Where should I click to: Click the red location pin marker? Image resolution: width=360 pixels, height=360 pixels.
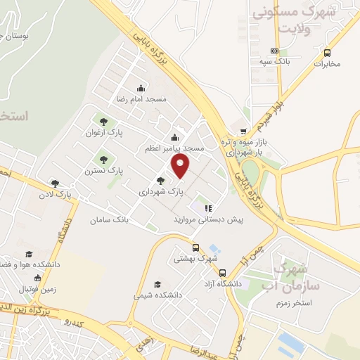[181, 166]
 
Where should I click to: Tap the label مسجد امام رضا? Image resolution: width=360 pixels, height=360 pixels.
[141, 99]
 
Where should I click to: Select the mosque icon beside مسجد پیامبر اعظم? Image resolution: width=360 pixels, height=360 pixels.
[174, 136]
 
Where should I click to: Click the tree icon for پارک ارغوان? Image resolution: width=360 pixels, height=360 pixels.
[104, 121]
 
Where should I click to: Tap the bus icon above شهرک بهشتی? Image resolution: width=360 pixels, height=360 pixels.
[195, 247]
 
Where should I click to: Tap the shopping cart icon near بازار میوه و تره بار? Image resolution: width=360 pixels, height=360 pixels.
[243, 131]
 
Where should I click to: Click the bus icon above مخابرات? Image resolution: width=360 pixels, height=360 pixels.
[327, 53]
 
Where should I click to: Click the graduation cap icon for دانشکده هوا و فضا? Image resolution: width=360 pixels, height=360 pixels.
[29, 254]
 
